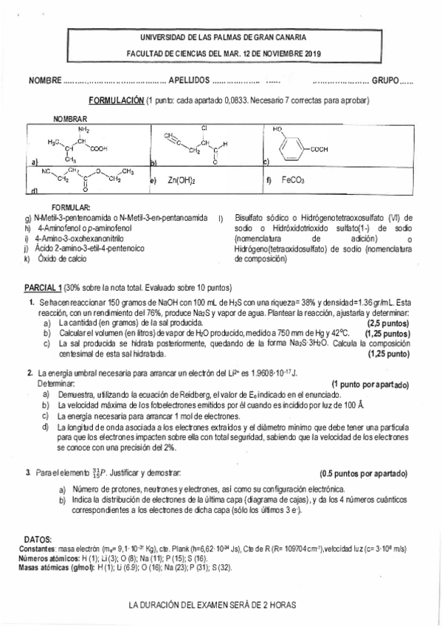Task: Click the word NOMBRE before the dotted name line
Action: pos(45,82)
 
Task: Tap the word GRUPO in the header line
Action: pos(384,82)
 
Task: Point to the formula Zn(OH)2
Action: pos(181,179)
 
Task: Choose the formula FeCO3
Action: pos(293,179)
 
